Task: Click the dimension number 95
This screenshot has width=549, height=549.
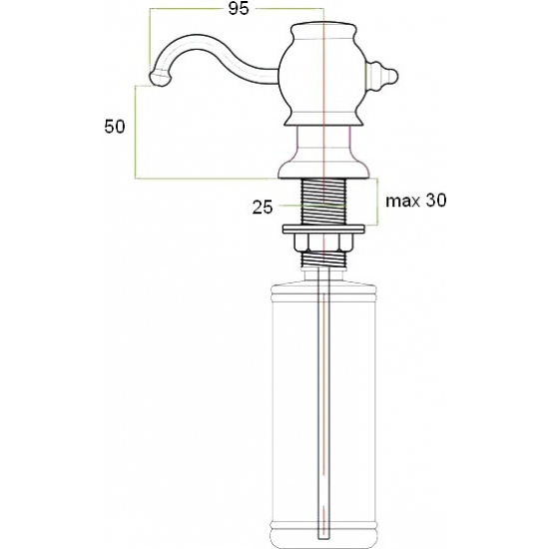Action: (x=239, y=8)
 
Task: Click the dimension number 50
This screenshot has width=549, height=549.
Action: (x=115, y=127)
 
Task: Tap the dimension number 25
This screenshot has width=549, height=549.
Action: (x=263, y=208)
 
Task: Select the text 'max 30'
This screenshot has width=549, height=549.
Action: (x=416, y=201)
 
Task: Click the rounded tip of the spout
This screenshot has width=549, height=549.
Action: (x=160, y=79)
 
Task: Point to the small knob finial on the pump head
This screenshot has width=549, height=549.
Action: (x=381, y=76)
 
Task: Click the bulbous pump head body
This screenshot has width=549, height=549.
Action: (x=322, y=75)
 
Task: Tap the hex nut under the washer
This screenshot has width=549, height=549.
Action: (x=322, y=243)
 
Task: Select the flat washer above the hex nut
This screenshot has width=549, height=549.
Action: (x=323, y=229)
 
